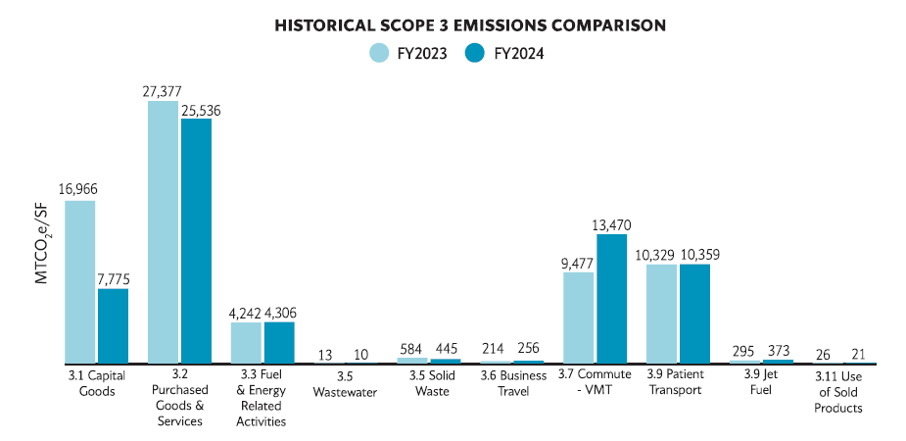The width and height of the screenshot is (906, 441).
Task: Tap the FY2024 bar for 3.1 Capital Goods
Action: [113, 325]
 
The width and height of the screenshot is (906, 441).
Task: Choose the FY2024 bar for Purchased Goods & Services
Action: [196, 241]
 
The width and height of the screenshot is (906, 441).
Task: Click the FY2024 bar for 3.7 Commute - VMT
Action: [612, 299]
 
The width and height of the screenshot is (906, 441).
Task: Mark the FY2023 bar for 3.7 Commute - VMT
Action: [579, 318]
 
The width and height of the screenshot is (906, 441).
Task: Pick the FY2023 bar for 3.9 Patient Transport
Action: [661, 314]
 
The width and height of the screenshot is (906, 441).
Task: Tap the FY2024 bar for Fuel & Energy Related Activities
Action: [279, 342]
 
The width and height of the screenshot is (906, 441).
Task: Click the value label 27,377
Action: [162, 90]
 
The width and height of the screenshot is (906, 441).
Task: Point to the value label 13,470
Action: [612, 224]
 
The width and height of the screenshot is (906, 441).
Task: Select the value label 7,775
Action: [113, 279]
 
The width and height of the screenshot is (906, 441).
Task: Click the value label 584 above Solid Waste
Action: [411, 348]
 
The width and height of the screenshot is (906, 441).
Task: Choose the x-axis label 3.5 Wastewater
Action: [345, 383]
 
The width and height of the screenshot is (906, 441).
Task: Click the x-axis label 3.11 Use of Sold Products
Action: [838, 391]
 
